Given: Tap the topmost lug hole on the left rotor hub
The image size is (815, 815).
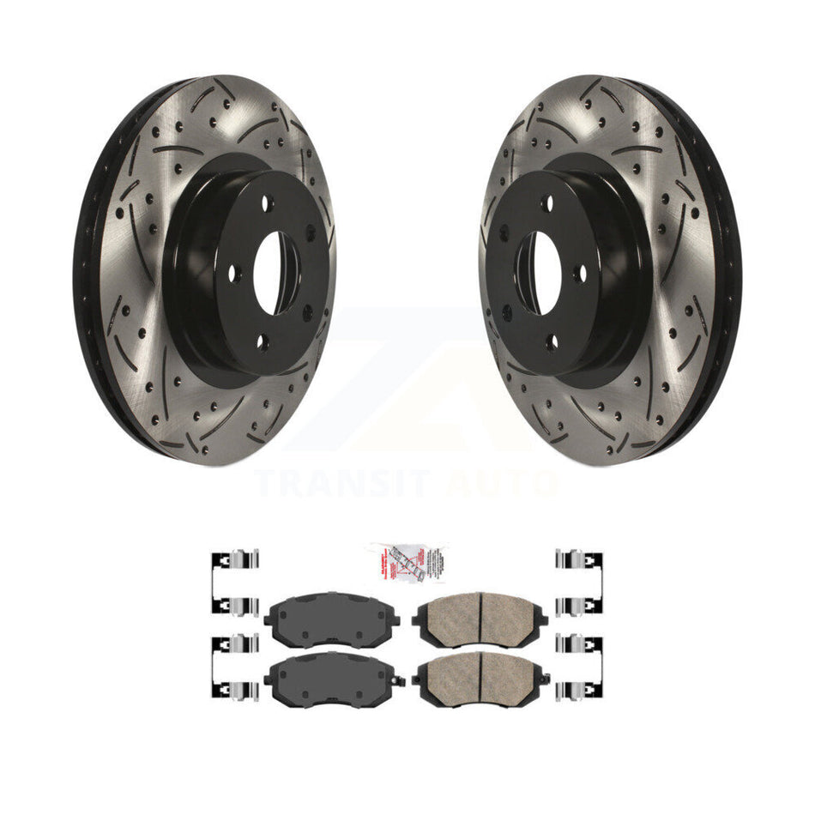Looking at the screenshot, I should coord(266,204).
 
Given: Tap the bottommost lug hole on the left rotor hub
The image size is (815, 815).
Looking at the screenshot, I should coord(263,343).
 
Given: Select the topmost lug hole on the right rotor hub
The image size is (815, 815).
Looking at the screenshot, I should coord(548,204).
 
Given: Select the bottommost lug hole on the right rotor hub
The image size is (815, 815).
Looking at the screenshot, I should coord(552,343).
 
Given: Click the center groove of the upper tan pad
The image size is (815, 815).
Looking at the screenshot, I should coord(480,612).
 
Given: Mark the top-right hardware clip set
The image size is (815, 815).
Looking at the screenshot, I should coord(580,583).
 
